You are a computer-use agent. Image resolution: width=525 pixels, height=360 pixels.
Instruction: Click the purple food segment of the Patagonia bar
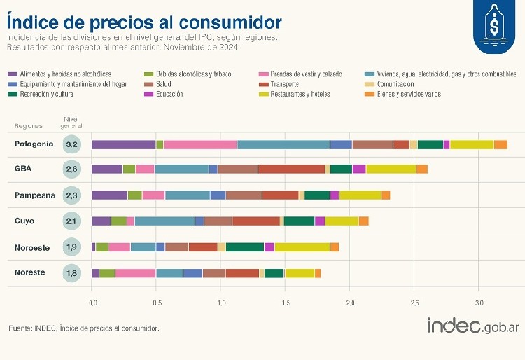tap(123, 144)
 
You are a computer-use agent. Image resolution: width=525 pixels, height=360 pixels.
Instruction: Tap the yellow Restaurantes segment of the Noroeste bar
tap(302, 247)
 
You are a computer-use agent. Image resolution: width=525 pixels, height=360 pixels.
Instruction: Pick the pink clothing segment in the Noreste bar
tap(135, 273)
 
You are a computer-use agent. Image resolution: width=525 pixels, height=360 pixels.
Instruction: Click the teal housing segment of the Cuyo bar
tap(164, 221)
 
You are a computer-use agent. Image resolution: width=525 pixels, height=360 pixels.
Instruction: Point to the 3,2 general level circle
tap(72, 145)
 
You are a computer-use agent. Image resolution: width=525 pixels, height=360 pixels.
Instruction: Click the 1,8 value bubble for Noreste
tap(72, 273)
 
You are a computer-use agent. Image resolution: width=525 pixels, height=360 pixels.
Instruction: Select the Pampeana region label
tap(34, 195)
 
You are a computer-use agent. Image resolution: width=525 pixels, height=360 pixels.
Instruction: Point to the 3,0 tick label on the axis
tap(479, 303)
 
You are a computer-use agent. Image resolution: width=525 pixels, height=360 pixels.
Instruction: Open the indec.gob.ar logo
tap(473, 326)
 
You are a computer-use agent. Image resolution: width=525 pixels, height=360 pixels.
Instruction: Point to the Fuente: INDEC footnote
tap(84, 328)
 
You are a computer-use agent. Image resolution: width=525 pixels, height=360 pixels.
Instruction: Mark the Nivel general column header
tap(72, 122)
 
